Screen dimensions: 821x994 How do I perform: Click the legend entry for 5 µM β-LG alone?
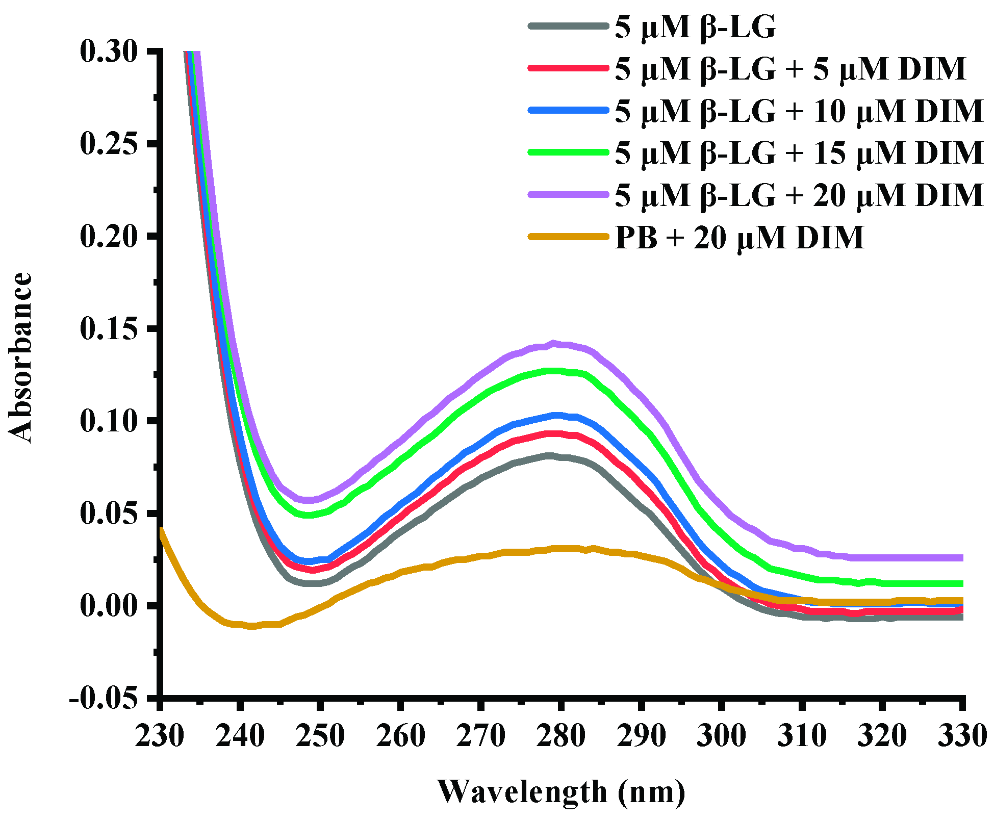click(x=695, y=27)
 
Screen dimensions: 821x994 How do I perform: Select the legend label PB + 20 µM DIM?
click(x=740, y=237)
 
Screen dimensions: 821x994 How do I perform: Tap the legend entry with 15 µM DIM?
click(x=799, y=152)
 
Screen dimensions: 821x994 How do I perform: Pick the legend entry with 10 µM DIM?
click(x=799, y=111)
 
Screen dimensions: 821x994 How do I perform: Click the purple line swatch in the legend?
click(x=569, y=195)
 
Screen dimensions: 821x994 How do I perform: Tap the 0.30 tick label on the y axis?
click(x=109, y=52)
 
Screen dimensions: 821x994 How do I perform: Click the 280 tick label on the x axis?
click(x=560, y=735)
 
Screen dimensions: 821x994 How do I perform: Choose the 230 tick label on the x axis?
click(x=159, y=735)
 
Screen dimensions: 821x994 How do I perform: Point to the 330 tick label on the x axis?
click(x=961, y=735)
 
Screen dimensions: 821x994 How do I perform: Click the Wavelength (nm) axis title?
click(x=561, y=791)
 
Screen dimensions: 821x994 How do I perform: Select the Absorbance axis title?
click(x=21, y=357)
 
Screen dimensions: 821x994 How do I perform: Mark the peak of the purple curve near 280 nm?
click(x=553, y=343)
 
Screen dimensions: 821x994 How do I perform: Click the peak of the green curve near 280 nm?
click(x=553, y=371)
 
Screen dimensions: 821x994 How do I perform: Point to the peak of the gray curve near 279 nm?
click(x=549, y=455)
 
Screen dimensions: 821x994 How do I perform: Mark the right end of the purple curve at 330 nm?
click(x=961, y=558)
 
